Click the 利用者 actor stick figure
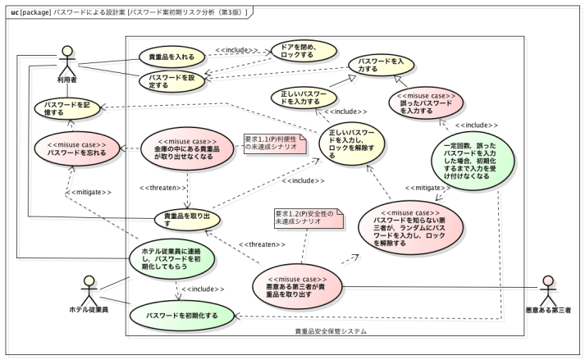tap(66, 62)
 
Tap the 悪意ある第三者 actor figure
tap(549, 291)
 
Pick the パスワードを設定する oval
tap(171, 80)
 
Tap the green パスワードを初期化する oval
tap(181, 315)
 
